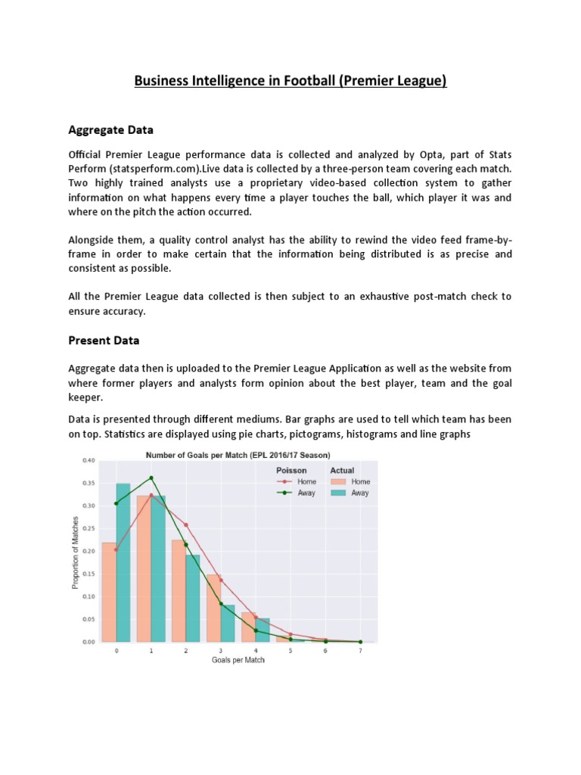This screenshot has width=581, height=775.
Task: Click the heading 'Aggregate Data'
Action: tap(110, 130)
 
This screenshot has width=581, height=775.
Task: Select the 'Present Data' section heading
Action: tap(104, 341)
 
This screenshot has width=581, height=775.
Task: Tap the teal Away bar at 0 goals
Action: tap(123, 562)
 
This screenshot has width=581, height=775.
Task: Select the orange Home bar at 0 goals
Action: tap(109, 592)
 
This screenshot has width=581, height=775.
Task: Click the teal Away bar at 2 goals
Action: tap(193, 598)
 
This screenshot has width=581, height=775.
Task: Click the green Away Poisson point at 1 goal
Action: tap(151, 478)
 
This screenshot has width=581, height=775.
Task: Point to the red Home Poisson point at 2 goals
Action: tap(186, 524)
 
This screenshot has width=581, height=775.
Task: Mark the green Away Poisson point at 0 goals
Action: tap(117, 503)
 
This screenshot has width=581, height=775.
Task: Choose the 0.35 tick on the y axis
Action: tap(89, 483)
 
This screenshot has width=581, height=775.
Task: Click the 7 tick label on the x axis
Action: tap(360, 650)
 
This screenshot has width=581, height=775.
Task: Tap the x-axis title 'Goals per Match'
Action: tap(238, 660)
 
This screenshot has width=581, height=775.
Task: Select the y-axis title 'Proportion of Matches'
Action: tap(75, 551)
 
